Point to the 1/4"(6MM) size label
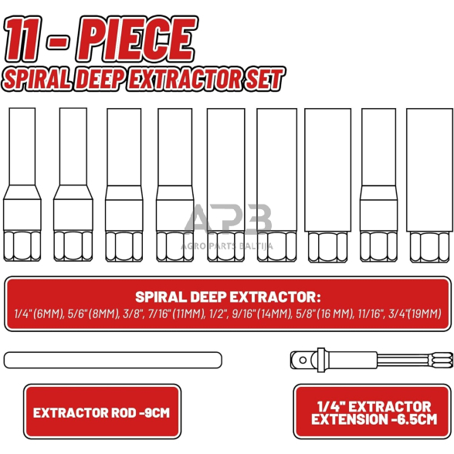(x=36, y=313)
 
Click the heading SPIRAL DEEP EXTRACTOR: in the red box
(x=227, y=296)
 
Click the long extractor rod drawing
(x=113, y=359)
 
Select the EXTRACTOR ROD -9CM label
(x=101, y=412)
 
